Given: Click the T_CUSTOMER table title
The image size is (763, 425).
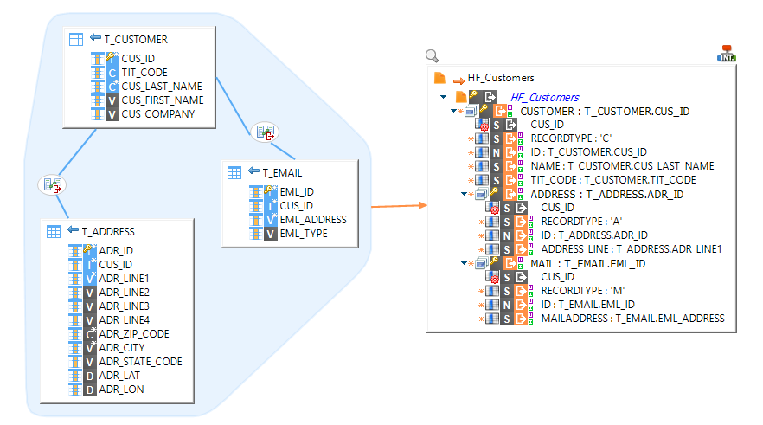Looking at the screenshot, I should click(x=136, y=39).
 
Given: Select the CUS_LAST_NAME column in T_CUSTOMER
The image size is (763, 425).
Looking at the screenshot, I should click(x=162, y=87).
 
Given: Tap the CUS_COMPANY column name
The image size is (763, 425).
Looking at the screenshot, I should click(x=157, y=114).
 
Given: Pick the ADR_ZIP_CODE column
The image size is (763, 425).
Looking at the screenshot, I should click(x=134, y=334).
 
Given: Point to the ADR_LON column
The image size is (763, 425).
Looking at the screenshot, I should click(x=121, y=390).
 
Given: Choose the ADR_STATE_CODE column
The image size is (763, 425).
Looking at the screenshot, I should click(x=140, y=362).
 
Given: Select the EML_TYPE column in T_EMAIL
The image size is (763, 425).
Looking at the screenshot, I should click(x=304, y=234).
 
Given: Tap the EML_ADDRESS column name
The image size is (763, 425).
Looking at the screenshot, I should click(x=314, y=220).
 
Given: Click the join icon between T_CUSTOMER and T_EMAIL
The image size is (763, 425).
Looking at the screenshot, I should click(x=265, y=132).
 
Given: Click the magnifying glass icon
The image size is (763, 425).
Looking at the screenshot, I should click(x=433, y=56).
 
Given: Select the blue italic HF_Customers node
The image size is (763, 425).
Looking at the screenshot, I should click(x=544, y=98).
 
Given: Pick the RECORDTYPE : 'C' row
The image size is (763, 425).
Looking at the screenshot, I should click(x=571, y=138).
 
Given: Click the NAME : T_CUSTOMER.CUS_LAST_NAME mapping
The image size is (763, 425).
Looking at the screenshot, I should click(x=622, y=166).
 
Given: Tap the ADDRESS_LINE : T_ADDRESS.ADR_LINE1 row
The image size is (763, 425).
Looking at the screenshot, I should click(x=631, y=249).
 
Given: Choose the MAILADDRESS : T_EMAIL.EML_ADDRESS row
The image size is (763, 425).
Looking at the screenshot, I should click(x=632, y=319).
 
